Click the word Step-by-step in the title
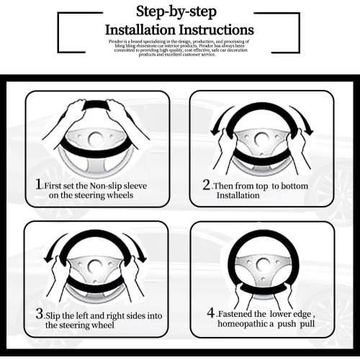pos(176,12)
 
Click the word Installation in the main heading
pos(140,30)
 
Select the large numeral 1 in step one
pos(38,184)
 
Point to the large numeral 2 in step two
pos(207,184)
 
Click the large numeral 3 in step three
pos(40,314)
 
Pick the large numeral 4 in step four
pos(211,312)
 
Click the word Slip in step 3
pos(53,316)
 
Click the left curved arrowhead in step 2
pos(215,132)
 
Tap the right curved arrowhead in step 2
pos(309,132)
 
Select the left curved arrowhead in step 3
pos(49,259)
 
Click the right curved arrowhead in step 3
pos(143,258)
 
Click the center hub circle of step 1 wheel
pos(96,138)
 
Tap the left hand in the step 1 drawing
pos(72,113)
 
